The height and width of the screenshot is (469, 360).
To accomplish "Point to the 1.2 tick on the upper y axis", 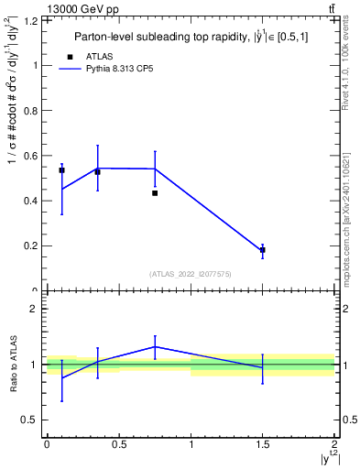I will point(33,19).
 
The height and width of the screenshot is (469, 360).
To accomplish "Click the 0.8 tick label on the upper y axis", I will point(33,110).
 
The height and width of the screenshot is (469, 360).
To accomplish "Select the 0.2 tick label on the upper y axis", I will point(33,245).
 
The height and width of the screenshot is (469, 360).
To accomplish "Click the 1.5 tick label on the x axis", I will point(263,445).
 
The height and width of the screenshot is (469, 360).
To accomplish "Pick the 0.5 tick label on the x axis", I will point(119,445).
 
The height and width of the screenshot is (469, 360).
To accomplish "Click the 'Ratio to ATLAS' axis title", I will point(12,364).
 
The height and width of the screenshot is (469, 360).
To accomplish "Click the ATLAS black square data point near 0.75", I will point(155,193).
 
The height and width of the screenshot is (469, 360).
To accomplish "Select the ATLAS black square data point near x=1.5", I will point(263,249).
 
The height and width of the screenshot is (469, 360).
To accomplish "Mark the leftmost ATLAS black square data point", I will point(61,170).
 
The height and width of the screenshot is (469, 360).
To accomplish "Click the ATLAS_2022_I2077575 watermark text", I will point(191,274).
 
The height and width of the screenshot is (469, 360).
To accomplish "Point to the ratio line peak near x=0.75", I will point(155,346).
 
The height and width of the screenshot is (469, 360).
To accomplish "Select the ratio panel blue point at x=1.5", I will point(263,367).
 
